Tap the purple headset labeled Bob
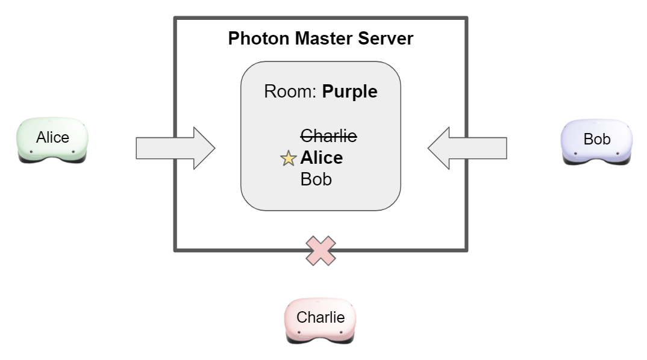click(x=597, y=142)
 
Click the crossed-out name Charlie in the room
click(x=328, y=136)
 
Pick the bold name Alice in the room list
click(x=322, y=158)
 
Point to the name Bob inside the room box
click(x=316, y=179)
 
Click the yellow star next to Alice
click(x=289, y=159)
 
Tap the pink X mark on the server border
click(x=320, y=250)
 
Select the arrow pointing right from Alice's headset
click(x=175, y=148)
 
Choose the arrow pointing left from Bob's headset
click(x=467, y=148)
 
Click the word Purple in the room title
click(x=349, y=92)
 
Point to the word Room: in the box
click(x=290, y=92)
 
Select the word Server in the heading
click(x=386, y=39)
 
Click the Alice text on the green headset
click(x=52, y=137)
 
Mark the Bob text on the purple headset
click(x=597, y=139)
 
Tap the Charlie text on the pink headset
click(x=320, y=317)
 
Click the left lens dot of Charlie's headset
click(x=299, y=332)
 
